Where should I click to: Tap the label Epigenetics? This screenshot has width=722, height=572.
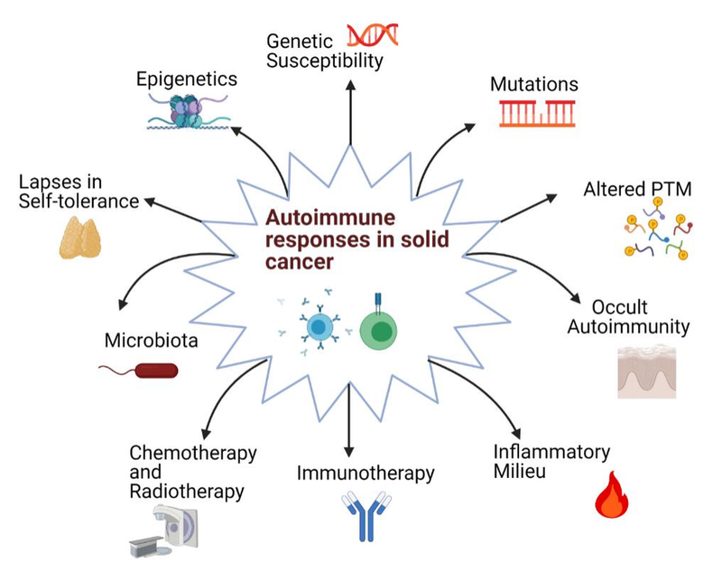[x=187, y=79]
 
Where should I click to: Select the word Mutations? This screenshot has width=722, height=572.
[x=533, y=84]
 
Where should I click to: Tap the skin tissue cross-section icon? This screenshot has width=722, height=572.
[x=646, y=372]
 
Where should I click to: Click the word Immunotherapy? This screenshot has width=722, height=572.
[x=366, y=473]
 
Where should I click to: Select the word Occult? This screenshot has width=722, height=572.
[x=620, y=307]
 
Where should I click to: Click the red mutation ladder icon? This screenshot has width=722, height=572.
[x=537, y=113]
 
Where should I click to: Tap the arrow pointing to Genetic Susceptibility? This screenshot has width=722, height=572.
[x=350, y=108]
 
